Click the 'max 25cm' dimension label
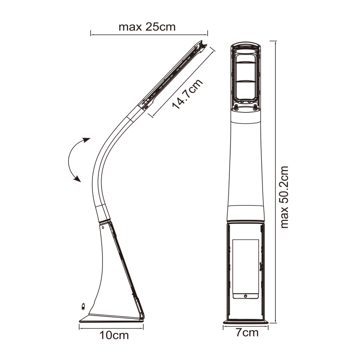pyautogui.click(x=147, y=27)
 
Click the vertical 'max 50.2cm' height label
pyautogui.click(x=285, y=197)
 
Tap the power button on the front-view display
pyautogui.click(x=246, y=296)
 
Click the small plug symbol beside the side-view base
pyautogui.click(x=83, y=307)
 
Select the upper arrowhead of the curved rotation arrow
pyautogui.click(x=86, y=140)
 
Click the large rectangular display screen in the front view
pyautogui.click(x=246, y=265)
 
